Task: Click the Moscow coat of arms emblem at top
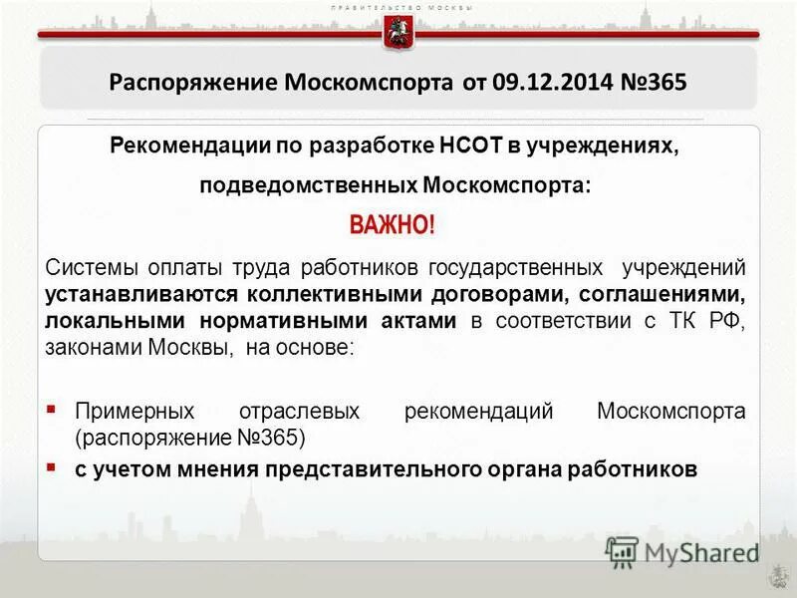(398, 33)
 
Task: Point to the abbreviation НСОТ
(471, 148)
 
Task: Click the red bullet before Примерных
(53, 409)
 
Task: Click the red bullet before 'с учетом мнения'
(53, 466)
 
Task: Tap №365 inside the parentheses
(267, 438)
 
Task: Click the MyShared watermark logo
(683, 551)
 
